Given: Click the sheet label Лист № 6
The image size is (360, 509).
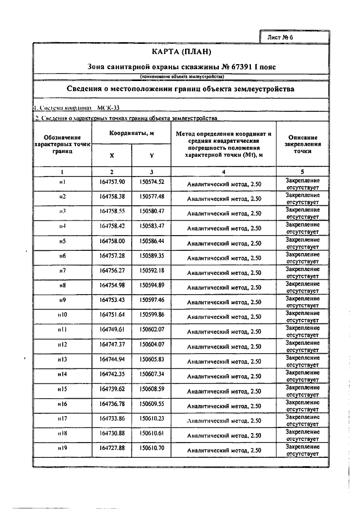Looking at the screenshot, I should click(x=282, y=37).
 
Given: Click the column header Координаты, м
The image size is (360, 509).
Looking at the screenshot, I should click(x=132, y=133).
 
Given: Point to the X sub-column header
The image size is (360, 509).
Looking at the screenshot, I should click(x=111, y=155).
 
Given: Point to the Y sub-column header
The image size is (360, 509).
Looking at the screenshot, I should click(x=151, y=155).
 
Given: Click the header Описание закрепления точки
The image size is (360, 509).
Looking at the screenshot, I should click(x=302, y=144).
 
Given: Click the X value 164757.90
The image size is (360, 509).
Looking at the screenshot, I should click(x=112, y=182).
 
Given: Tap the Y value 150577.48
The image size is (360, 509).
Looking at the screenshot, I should click(x=152, y=196).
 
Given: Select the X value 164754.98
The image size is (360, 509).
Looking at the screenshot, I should click(x=112, y=285).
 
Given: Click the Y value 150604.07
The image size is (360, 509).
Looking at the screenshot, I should click(x=152, y=344).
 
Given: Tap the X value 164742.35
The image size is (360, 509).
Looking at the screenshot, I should click(x=112, y=373).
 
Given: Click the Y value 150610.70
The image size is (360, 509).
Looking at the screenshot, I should click(x=152, y=448).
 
